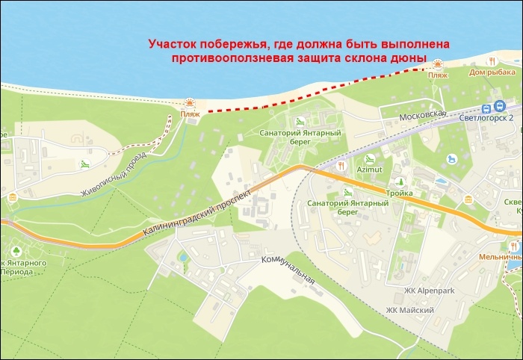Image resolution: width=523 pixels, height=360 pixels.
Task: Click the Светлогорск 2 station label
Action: [x=490, y=118]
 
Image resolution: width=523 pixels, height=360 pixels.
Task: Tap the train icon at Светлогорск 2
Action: [x=499, y=105]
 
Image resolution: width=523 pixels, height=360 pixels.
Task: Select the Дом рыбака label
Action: [x=492, y=72]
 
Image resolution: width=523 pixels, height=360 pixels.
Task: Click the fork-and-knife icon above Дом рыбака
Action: [x=492, y=60]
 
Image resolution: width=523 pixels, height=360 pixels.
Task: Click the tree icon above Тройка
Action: [x=400, y=181]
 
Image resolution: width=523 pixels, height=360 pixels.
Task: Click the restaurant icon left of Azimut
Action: [x=341, y=165]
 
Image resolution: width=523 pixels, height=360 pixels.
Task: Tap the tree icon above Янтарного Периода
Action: [x=16, y=250]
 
